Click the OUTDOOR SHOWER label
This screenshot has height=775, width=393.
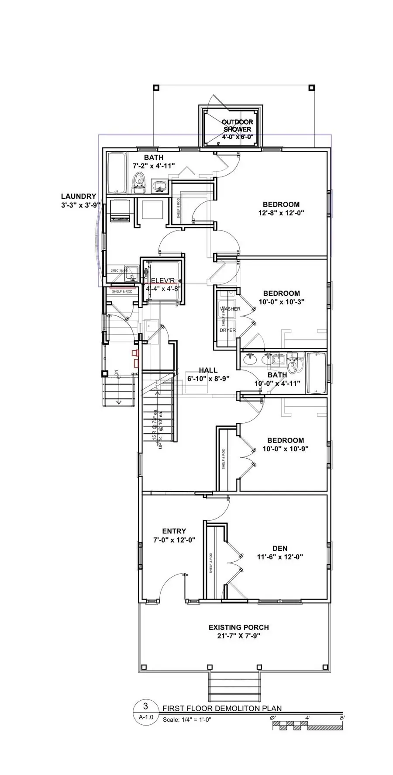tap(237, 125)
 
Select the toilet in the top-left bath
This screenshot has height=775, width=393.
tap(138, 183)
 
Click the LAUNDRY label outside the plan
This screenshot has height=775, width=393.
tap(78, 197)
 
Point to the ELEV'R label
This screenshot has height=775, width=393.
tap(163, 280)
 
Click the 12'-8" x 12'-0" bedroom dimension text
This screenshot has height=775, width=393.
tap(281, 213)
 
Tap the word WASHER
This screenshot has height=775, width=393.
tap(230, 309)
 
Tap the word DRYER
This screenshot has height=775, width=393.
tap(228, 330)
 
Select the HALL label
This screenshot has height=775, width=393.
tap(208, 370)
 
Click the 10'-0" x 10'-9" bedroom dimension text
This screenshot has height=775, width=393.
tap(286, 449)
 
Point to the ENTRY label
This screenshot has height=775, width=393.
tap(174, 531)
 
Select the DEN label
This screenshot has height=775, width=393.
tap(280, 548)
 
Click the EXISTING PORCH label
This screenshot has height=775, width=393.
tap(238, 627)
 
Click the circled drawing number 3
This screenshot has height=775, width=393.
tap(145, 706)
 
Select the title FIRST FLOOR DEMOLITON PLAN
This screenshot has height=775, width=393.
tap(222, 708)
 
